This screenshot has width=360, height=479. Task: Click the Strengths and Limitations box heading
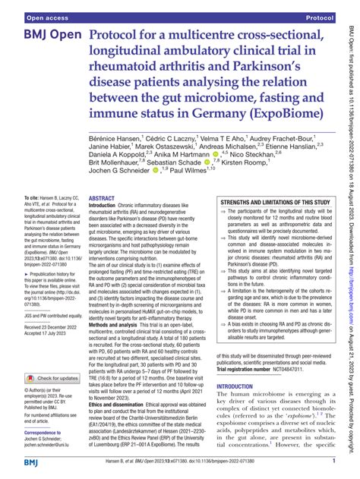pyautogui.click(x=268, y=203)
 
